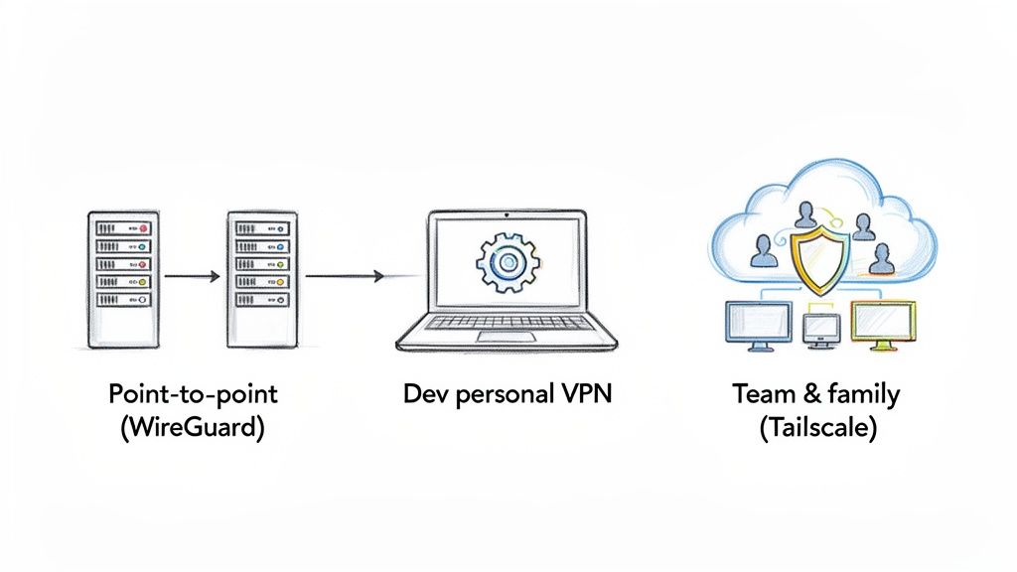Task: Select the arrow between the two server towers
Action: pyautogui.click(x=192, y=277)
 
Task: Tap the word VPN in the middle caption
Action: pyautogui.click(x=579, y=394)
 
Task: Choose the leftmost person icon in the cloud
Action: pyautogui.click(x=764, y=249)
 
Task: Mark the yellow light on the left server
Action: pyautogui.click(x=141, y=282)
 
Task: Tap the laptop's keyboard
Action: pyautogui.click(x=508, y=322)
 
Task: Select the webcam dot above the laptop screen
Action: pyautogui.click(x=508, y=214)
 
